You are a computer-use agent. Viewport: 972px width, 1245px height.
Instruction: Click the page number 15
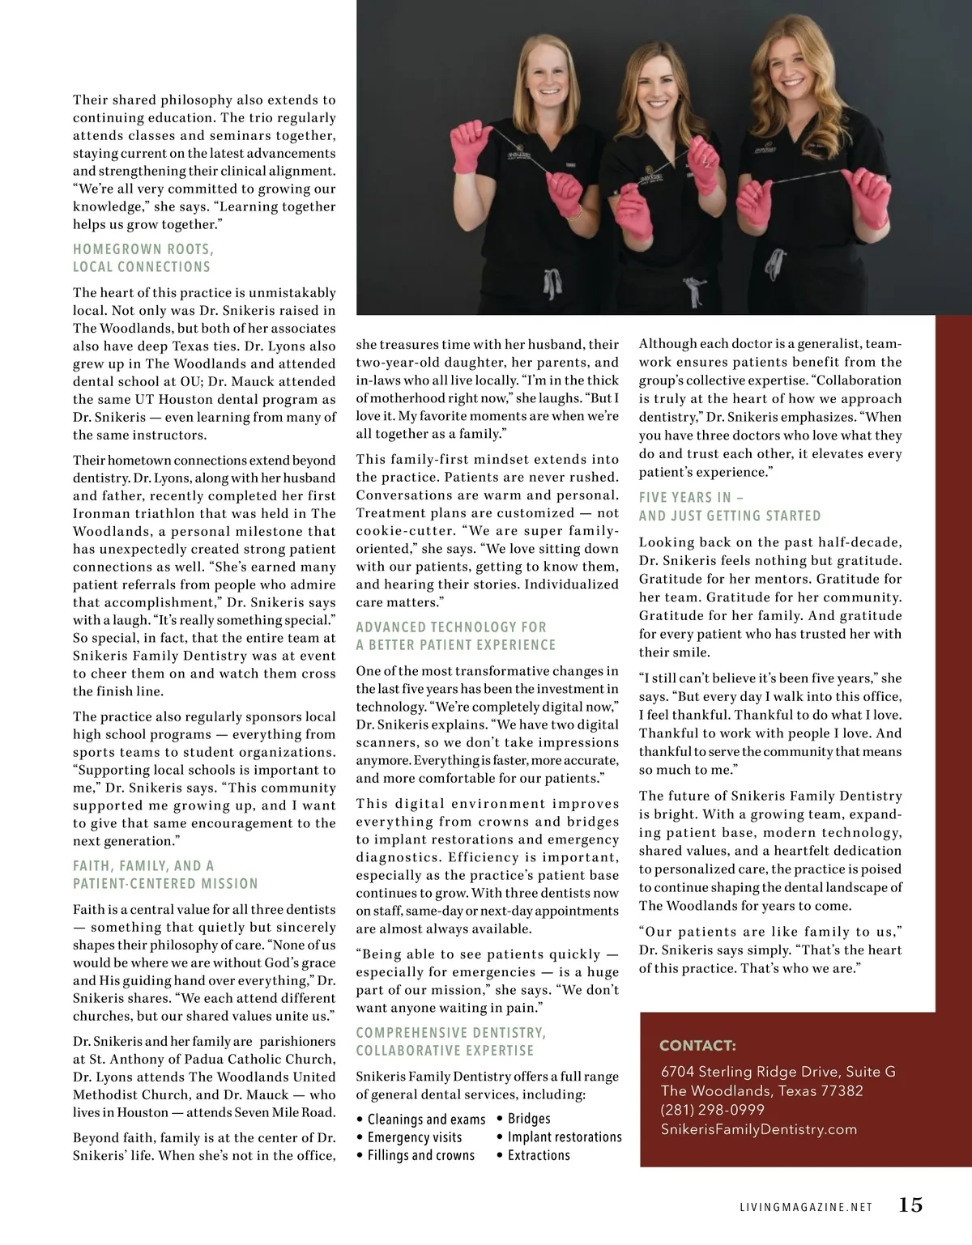pyautogui.click(x=910, y=1205)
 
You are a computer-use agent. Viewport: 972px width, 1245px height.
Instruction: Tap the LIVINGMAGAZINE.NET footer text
pyautogui.click(x=806, y=1207)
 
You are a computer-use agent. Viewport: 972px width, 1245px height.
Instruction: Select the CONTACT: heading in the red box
pyautogui.click(x=697, y=1045)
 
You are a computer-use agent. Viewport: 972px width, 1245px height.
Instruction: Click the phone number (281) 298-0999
pyautogui.click(x=712, y=1110)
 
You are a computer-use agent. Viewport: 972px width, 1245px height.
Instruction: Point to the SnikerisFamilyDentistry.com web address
pyautogui.click(x=758, y=1129)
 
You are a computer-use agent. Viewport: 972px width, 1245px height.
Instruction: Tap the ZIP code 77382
pyautogui.click(x=842, y=1090)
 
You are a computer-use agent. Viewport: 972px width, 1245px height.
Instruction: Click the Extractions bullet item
pyautogui.click(x=539, y=1155)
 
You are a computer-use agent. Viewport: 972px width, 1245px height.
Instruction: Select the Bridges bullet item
pyautogui.click(x=529, y=1119)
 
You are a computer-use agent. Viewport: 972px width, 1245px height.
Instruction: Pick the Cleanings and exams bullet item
pyautogui.click(x=426, y=1120)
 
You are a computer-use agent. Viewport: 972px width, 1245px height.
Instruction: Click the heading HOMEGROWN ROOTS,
pyautogui.click(x=143, y=249)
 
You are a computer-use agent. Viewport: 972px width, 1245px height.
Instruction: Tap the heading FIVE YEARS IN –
pyautogui.click(x=690, y=498)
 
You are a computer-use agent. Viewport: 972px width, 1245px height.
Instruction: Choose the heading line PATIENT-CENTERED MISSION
pyautogui.click(x=165, y=884)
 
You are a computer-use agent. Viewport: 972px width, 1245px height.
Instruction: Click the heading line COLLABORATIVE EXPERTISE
pyautogui.click(x=445, y=1051)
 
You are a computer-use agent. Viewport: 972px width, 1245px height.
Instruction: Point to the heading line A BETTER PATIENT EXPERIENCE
pyautogui.click(x=456, y=645)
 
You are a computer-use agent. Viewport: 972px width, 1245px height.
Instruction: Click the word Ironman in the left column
pyautogui.click(x=100, y=513)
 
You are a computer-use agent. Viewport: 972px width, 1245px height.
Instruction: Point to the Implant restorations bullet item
pyautogui.click(x=565, y=1137)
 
